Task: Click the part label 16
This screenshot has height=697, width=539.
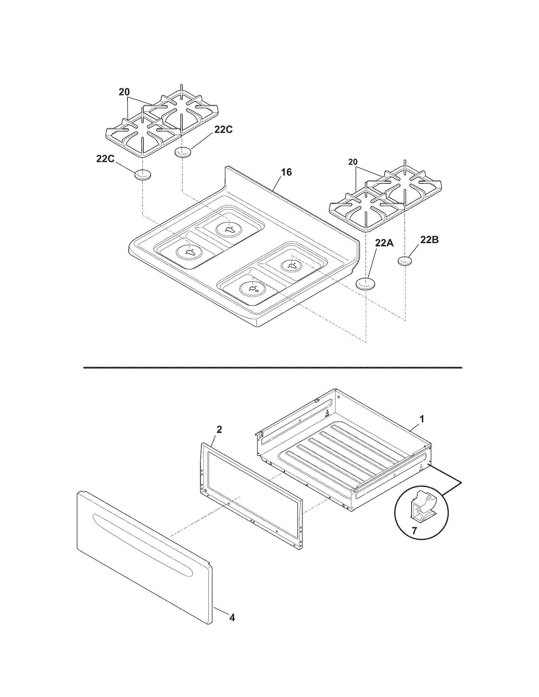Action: (286, 172)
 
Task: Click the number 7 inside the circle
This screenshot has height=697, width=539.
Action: (414, 531)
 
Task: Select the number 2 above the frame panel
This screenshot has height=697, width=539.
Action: (219, 430)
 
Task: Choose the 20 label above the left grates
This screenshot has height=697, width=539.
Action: (124, 92)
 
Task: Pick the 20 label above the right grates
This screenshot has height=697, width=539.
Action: (353, 162)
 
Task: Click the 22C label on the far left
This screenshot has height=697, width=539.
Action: (105, 159)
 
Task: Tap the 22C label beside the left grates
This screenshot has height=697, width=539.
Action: (223, 130)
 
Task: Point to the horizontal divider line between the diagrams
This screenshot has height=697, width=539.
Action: (272, 368)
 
